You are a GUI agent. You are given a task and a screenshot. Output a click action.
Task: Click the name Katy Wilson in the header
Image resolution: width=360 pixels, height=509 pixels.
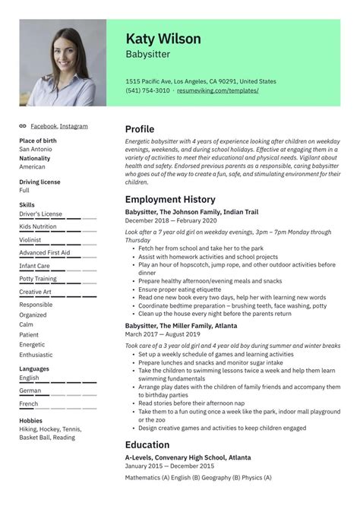[x=163, y=38]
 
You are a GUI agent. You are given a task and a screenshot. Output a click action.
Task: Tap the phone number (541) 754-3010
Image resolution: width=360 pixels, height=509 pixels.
[x=147, y=90]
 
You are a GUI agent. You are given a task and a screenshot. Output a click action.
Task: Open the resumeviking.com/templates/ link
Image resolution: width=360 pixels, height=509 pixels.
[x=218, y=90]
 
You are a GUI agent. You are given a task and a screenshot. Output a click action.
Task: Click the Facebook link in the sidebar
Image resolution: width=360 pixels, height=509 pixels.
[x=43, y=126]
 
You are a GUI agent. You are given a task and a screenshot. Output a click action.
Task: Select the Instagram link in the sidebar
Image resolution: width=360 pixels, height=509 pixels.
[x=74, y=126]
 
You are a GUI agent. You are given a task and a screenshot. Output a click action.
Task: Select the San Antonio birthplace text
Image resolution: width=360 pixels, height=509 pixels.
[x=36, y=149]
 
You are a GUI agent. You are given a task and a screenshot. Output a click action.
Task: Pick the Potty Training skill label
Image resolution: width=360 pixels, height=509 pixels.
[x=39, y=279]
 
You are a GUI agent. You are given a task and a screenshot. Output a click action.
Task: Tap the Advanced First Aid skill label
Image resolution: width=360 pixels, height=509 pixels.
[x=44, y=252]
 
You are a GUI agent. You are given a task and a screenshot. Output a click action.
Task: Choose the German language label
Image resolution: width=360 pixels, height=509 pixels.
[x=30, y=390]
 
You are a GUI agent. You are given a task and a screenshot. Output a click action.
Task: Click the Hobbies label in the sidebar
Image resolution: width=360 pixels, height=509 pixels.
[x=32, y=419]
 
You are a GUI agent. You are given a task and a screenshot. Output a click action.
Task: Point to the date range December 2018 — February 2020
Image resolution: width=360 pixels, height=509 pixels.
[x=168, y=220]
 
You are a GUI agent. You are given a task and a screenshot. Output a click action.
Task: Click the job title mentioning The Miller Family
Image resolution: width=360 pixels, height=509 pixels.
[x=180, y=324]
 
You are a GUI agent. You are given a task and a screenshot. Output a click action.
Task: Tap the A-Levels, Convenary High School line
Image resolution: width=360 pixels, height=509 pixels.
[x=188, y=458]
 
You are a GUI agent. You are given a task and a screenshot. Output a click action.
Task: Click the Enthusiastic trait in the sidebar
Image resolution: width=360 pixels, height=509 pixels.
[x=36, y=355]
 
